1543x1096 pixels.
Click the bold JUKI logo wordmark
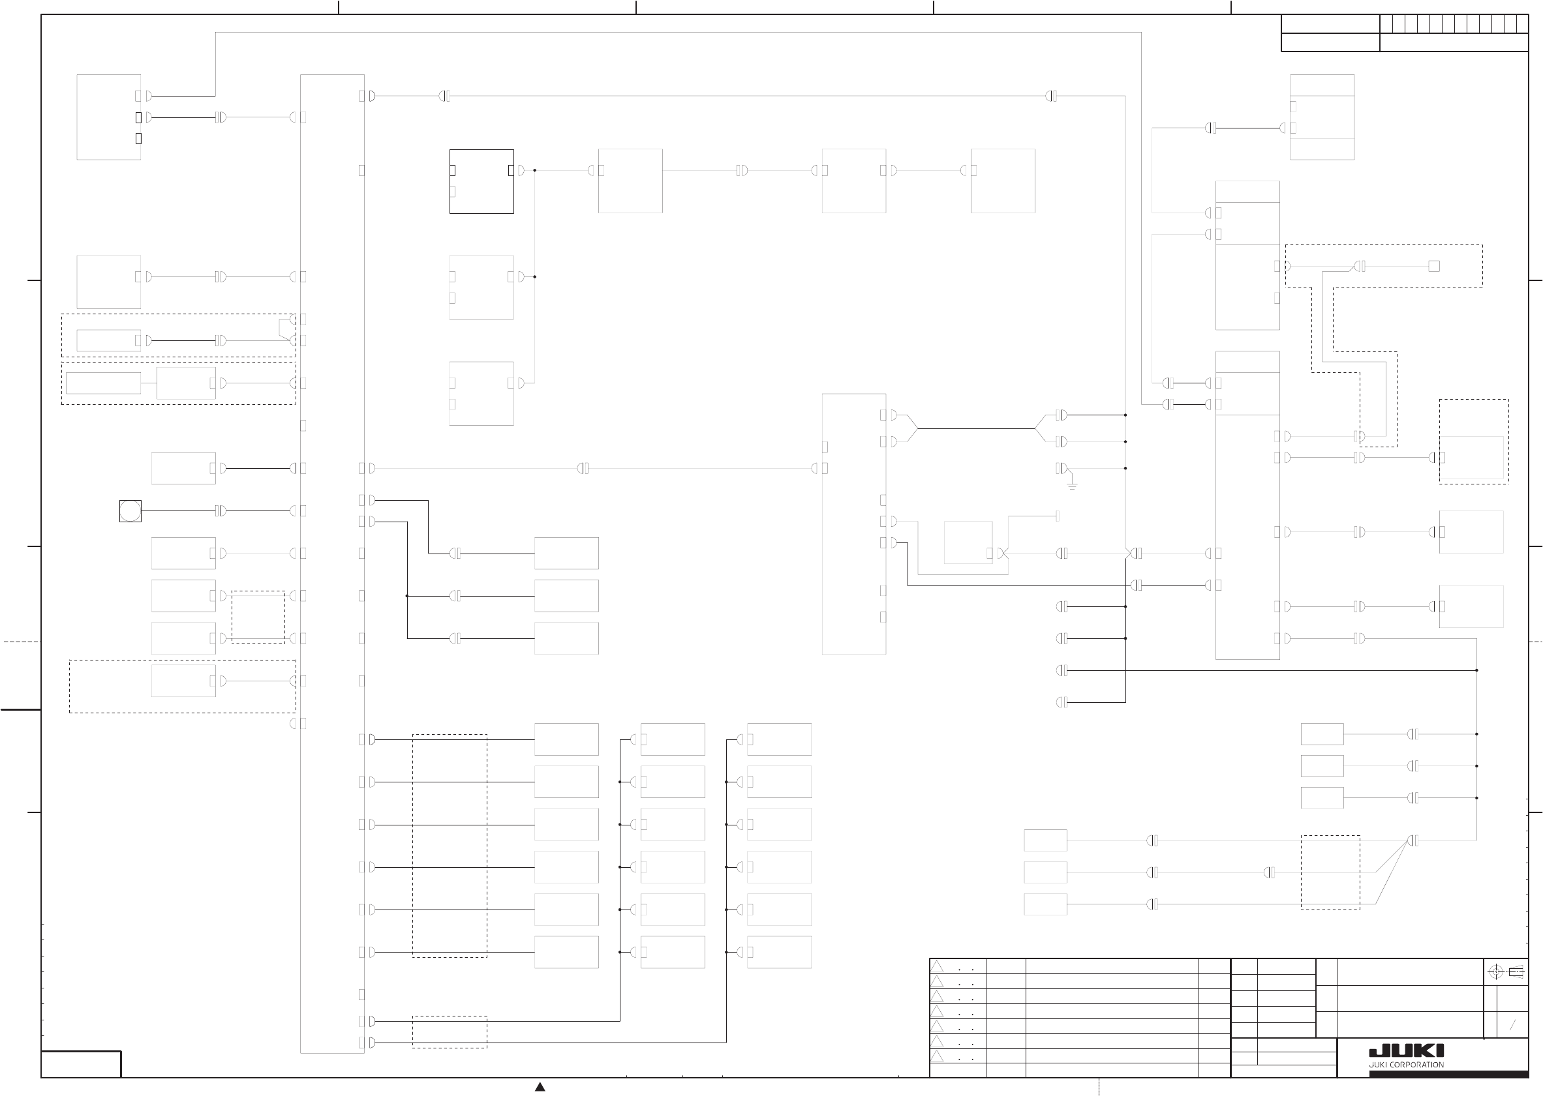1406,1051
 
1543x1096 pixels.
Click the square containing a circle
130,511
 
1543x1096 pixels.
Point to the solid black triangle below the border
540,1087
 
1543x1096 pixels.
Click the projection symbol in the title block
1506,973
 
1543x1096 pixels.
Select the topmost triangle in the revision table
937,966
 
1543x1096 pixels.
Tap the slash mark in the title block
1512,1025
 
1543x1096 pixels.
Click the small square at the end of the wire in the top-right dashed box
1433,266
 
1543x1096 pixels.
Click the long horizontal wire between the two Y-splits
977,428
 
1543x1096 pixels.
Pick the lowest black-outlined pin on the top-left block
138,138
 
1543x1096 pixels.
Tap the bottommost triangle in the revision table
937,1056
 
